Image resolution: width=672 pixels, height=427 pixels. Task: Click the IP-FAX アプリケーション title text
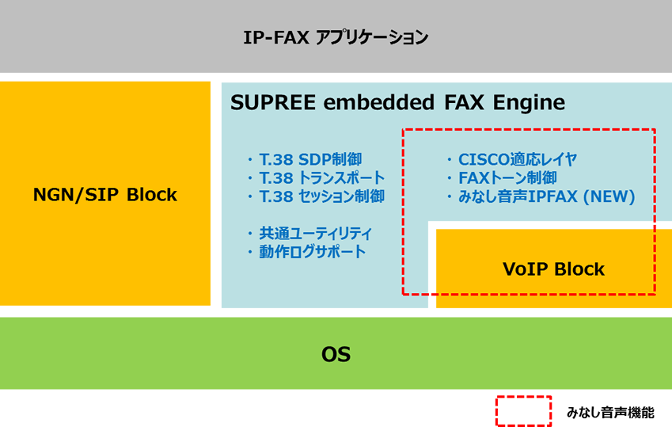click(x=336, y=38)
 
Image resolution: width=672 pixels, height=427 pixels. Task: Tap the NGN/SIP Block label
click(x=105, y=195)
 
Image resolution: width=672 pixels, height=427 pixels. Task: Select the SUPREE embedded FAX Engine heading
click(x=397, y=102)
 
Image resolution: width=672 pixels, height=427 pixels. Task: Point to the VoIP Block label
click(x=554, y=269)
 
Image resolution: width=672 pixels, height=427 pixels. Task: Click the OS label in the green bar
click(x=336, y=354)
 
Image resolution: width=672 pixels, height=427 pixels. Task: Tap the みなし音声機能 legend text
click(x=610, y=413)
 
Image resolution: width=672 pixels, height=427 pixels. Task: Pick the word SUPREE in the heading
click(x=273, y=102)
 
